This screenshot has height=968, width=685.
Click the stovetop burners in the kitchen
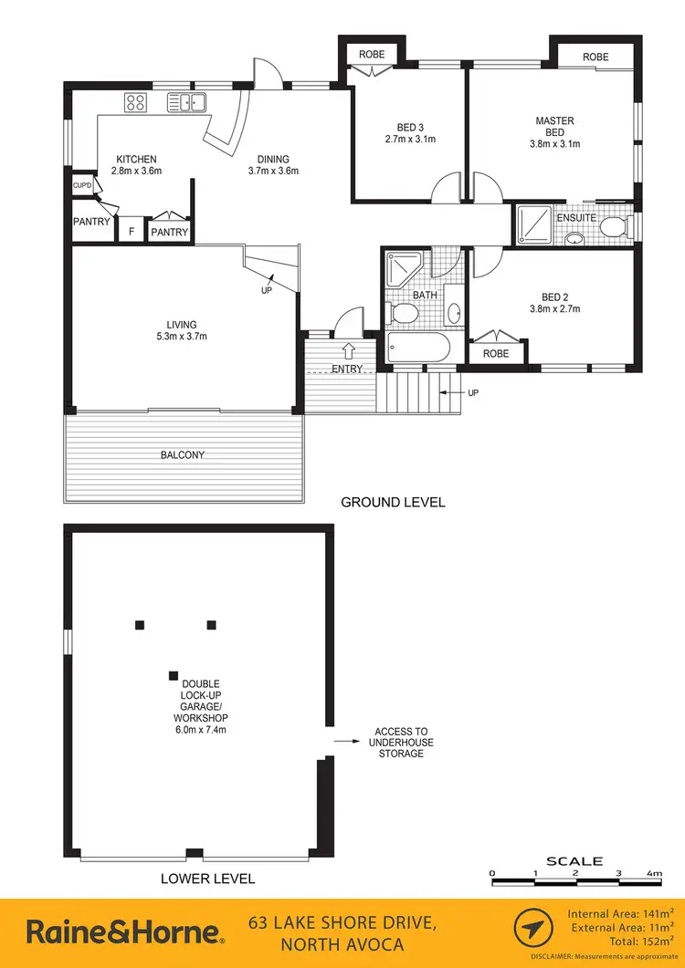(x=137, y=102)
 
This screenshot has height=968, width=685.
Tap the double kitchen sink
(x=187, y=102)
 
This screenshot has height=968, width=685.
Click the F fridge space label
(x=132, y=232)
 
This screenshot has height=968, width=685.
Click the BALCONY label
(x=182, y=454)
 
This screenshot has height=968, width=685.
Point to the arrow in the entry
(x=348, y=349)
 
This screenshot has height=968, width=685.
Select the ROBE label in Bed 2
(x=496, y=353)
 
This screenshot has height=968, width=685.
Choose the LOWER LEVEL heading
(x=207, y=879)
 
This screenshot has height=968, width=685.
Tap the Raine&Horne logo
(x=124, y=932)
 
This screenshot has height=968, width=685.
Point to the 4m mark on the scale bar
(x=653, y=873)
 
